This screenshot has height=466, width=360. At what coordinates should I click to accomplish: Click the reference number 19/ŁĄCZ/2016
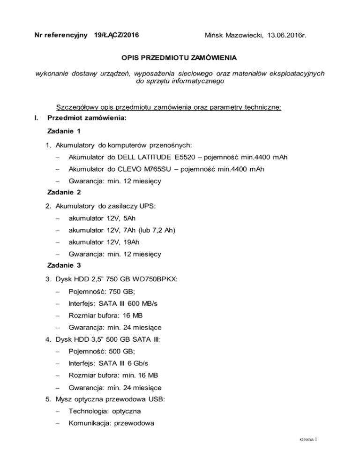(115, 35)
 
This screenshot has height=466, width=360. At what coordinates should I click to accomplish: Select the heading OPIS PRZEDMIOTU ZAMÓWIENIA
(180, 59)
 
